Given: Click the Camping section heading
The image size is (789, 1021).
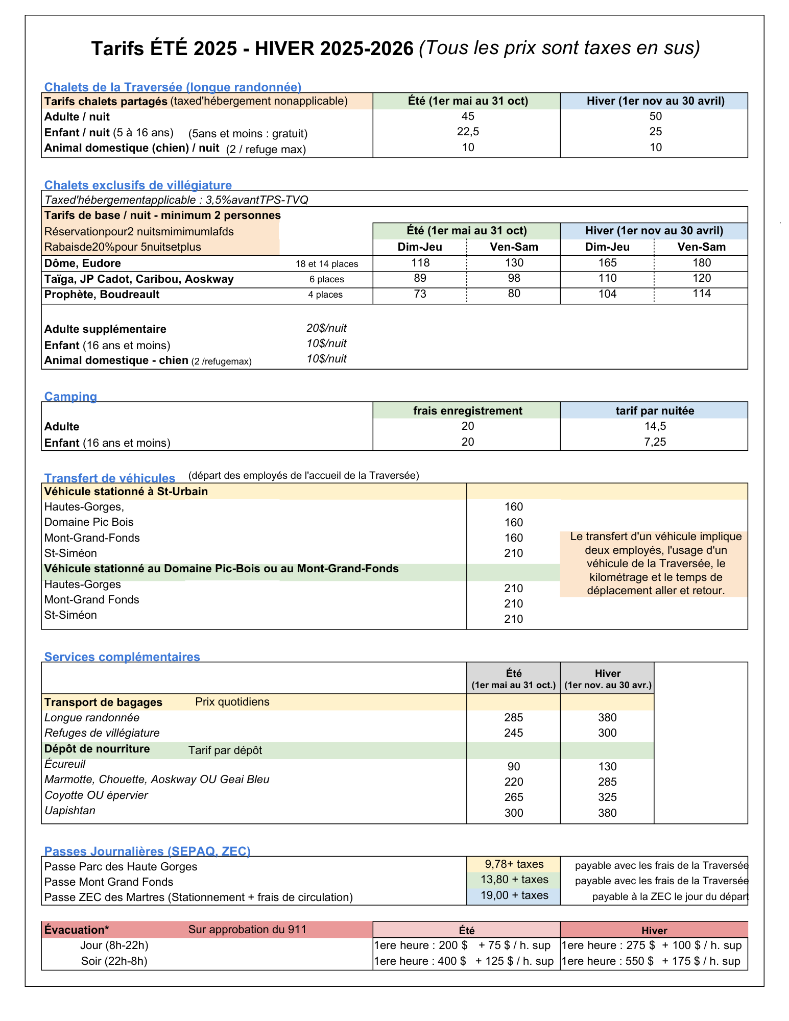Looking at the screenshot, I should click(x=70, y=397).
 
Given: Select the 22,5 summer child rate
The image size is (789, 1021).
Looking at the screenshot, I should click(x=468, y=132).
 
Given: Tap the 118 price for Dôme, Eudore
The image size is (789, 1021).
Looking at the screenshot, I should click(x=420, y=263).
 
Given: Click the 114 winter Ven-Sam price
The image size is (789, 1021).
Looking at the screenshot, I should click(x=702, y=294).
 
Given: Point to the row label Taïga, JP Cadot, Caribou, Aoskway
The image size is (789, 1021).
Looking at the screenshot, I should click(x=139, y=279).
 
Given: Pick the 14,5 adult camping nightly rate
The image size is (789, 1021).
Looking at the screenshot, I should click(x=655, y=426).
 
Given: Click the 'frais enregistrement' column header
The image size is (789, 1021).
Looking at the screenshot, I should click(x=467, y=411).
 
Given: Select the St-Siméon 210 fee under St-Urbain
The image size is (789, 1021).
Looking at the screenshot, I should click(x=513, y=553).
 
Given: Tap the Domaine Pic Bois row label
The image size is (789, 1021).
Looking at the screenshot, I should click(x=89, y=522).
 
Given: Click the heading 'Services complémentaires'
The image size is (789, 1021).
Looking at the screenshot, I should click(x=122, y=657).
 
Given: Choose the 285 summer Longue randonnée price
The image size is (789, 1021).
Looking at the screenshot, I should click(x=513, y=718).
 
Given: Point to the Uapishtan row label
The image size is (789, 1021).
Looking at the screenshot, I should click(x=70, y=811).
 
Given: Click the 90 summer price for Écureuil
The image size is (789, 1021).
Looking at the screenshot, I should click(x=513, y=767).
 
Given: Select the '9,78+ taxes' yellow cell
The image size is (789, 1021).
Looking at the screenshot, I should click(x=514, y=864).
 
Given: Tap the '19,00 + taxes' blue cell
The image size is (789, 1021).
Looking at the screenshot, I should click(x=514, y=895).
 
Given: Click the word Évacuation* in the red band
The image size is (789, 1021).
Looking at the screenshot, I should click(x=77, y=930).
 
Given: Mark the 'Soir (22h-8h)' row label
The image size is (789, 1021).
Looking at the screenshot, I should click(x=114, y=961).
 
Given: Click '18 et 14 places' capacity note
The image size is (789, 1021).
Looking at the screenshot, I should click(x=327, y=264).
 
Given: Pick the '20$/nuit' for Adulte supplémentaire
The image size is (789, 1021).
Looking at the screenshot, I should click(x=326, y=328).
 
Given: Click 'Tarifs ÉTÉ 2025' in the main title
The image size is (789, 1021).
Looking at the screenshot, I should click(x=164, y=48).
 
